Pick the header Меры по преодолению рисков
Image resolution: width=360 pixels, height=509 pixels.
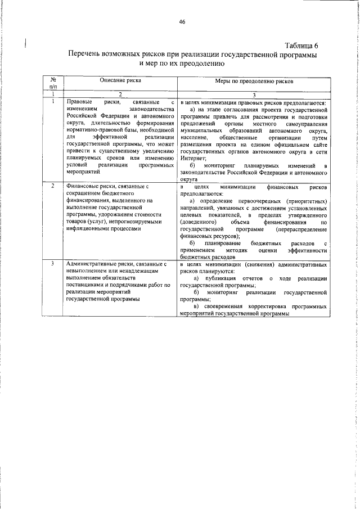253,82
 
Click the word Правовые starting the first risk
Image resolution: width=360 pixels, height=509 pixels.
79,101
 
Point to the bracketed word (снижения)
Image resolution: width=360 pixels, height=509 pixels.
264,264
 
